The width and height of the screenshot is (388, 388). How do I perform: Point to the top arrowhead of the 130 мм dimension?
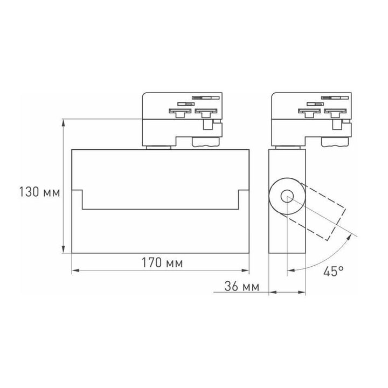[65, 123]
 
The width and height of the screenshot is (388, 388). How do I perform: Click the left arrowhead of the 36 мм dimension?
[272, 293]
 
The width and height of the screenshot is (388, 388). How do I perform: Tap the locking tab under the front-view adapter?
[206, 142]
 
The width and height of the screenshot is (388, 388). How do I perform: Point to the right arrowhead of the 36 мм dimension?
[303, 293]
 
